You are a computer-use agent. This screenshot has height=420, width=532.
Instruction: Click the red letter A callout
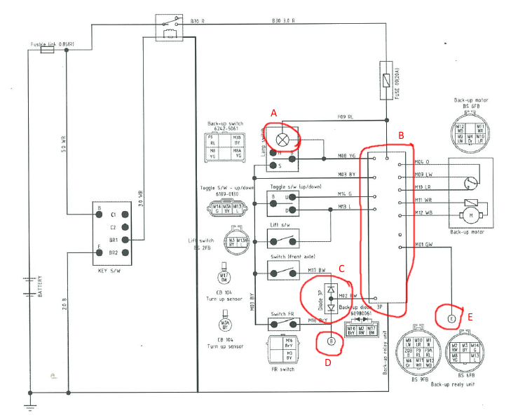[274, 113]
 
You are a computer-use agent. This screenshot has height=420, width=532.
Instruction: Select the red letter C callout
[341, 267]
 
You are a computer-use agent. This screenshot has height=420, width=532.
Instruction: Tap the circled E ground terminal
[451, 319]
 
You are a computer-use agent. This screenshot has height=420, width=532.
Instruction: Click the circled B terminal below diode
[332, 341]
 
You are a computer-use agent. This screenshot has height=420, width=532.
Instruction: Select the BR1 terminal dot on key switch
[124, 239]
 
